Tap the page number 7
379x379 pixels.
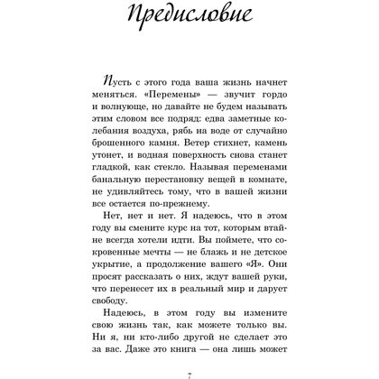[189, 371]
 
